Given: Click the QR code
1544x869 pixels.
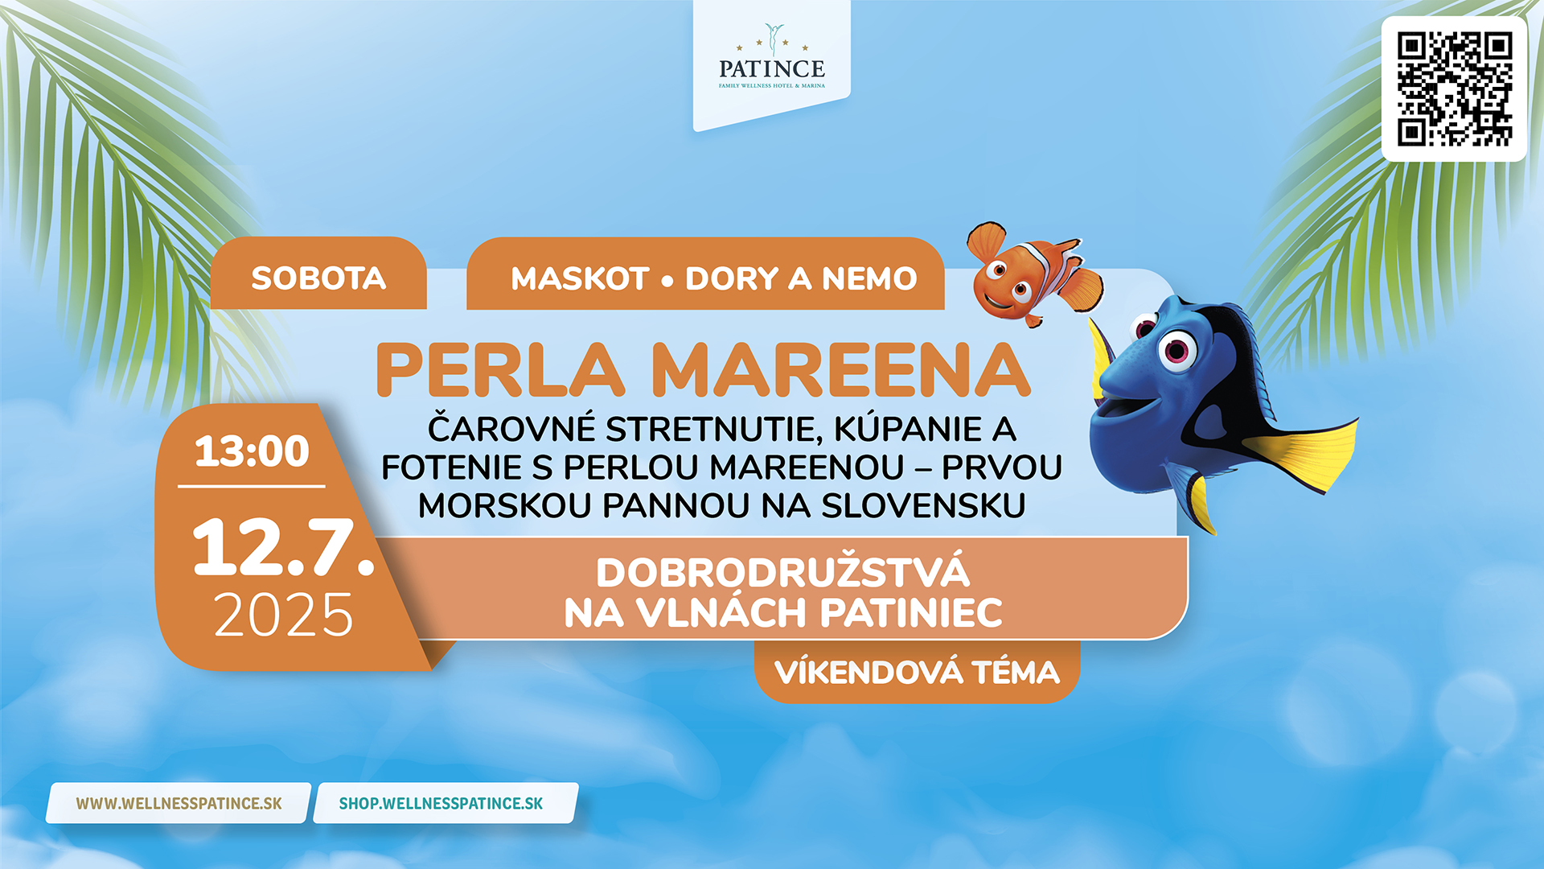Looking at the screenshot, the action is pos(1454,89).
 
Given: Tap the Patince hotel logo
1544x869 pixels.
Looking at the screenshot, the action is pos(772,56).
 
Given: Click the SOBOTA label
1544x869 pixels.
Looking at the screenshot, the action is pos(318,278).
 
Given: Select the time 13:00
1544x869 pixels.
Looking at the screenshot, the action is pos(252,451).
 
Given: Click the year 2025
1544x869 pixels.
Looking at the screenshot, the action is pos(283,616).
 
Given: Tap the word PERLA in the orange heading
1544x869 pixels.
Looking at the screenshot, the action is pos(500,370).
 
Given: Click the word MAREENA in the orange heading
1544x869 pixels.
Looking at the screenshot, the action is pos(841,370).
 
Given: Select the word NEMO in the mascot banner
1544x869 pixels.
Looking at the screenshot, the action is pos(869,279).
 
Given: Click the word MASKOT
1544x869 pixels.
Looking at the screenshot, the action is pos(580,279).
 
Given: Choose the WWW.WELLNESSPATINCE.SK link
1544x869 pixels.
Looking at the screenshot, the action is pos(179,803).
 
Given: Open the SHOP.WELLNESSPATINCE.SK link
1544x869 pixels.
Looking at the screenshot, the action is pos(441,803).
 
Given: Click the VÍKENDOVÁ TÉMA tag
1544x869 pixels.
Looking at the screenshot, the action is pos(917,673).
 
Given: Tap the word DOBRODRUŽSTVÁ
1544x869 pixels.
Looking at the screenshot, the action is pos(782,573).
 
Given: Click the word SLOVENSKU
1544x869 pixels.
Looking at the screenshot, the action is pos(923,506).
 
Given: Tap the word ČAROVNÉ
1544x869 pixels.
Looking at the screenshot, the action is pos(511,428).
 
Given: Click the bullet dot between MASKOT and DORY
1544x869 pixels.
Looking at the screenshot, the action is pos(667,281).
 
